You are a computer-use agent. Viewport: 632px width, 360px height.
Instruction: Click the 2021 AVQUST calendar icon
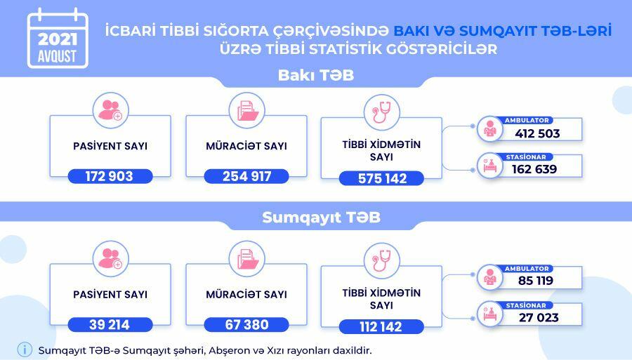(58, 39)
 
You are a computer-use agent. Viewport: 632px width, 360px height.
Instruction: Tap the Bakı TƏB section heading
(316, 75)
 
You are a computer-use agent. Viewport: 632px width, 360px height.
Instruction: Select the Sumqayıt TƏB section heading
(321, 218)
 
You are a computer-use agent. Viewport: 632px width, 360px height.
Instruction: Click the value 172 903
(110, 176)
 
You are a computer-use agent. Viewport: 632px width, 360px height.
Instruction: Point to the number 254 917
(246, 176)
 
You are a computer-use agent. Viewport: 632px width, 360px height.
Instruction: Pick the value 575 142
(382, 178)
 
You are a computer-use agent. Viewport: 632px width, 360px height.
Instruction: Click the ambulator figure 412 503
(537, 133)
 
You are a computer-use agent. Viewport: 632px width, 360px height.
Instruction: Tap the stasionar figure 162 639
(534, 168)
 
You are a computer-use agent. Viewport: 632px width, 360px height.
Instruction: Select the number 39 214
(110, 325)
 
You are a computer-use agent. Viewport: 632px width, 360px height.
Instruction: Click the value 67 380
(246, 325)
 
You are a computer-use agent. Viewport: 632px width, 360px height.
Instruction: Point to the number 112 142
(381, 326)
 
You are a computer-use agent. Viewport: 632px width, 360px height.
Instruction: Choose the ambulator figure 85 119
(536, 280)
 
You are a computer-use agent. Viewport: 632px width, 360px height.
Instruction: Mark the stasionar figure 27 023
(539, 317)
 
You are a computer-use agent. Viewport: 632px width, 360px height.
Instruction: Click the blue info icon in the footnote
(25, 349)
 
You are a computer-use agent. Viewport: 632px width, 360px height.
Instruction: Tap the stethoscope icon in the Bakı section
(382, 112)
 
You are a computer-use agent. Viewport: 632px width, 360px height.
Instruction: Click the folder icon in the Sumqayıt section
(246, 259)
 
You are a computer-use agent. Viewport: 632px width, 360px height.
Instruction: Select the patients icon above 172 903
(110, 110)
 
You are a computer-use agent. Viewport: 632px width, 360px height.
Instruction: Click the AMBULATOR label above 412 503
(527, 121)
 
